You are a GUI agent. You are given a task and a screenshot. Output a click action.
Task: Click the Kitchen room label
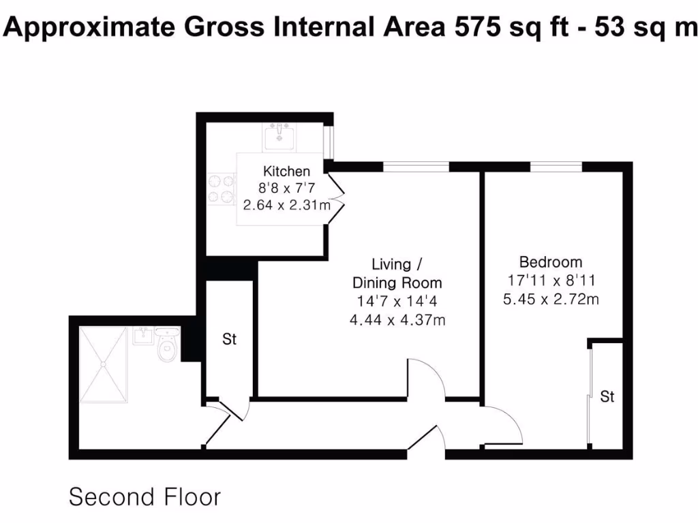pos(286,172)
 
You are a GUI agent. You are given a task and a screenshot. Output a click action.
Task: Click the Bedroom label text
pos(551,261)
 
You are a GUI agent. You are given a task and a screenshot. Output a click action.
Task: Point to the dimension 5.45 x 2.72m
pos(551,298)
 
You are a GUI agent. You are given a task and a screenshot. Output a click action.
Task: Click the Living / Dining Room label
pos(397,273)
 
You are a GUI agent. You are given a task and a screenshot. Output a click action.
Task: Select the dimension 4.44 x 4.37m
pos(397,319)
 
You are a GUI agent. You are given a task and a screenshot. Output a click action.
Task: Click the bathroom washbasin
pos(143,335)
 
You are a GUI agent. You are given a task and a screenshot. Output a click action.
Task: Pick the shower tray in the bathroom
pos(103,365)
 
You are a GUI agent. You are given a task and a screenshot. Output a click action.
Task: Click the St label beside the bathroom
pos(230,339)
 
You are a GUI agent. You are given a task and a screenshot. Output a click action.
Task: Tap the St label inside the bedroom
pos(607,396)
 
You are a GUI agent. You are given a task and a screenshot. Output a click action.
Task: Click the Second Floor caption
pos(145,496)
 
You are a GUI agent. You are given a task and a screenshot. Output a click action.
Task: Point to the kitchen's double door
pos(336,197)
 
